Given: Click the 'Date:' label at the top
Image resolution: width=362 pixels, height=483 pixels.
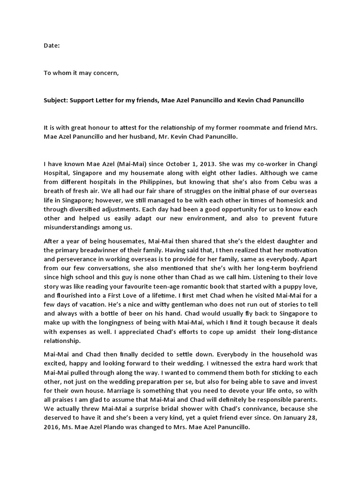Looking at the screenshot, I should point(52,46).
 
